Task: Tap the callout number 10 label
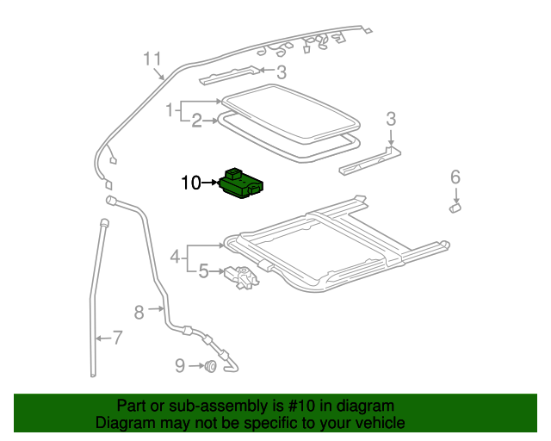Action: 191,182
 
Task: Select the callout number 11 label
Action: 152,59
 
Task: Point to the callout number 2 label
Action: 196,121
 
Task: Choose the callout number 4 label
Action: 175,256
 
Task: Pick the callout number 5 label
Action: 203,271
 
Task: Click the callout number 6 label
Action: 455,177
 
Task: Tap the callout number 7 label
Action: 117,339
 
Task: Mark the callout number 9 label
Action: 180,366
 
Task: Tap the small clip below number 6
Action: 455,206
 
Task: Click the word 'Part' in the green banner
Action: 132,406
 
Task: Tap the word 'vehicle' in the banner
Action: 380,423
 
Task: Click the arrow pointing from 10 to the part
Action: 212,182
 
